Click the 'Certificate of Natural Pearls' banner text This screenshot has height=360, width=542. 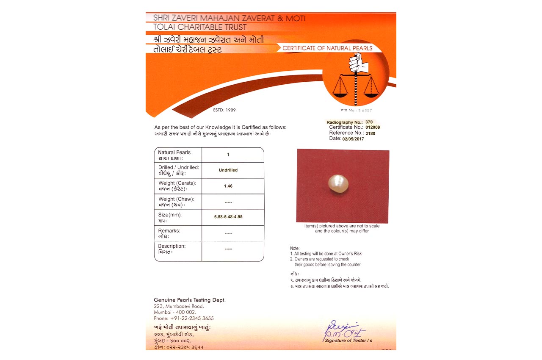(327, 48)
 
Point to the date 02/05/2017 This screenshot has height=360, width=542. (353, 138)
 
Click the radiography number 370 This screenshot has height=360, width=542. (369, 122)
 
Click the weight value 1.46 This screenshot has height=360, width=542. (228, 186)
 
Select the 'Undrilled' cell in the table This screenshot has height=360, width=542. (228, 170)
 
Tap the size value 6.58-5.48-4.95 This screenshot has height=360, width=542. (228, 217)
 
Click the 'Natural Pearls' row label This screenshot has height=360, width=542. (174, 152)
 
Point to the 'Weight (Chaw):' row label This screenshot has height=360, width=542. (176, 199)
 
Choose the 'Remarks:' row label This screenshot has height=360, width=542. (169, 231)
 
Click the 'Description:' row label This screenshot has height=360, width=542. (172, 246)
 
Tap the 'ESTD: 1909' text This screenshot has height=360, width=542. (224, 110)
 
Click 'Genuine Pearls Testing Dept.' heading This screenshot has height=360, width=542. (190, 300)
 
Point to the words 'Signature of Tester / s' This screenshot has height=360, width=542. (348, 341)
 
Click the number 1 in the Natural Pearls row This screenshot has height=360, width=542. (228, 155)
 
